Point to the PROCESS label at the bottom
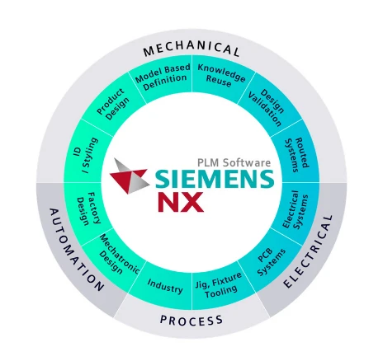pyautogui.click(x=191, y=321)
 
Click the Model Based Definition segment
pyautogui.click(x=163, y=76)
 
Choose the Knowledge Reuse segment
pyautogui.click(x=221, y=76)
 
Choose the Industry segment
pyautogui.click(x=164, y=286)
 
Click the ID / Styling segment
pyautogui.click(x=87, y=156)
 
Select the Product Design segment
pyautogui.click(x=113, y=105)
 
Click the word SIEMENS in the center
pyautogui.click(x=215, y=179)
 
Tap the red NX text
pyautogui.click(x=181, y=202)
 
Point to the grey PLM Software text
pyautogui.click(x=234, y=162)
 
